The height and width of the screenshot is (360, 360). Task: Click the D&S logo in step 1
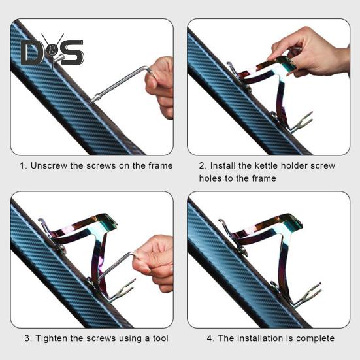coord(52,52)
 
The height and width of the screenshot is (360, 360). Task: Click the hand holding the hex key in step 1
coord(160,88)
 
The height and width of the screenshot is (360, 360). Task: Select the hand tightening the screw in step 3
coord(154,263)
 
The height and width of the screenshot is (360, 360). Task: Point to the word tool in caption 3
coord(161,338)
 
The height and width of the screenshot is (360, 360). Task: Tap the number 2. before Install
coord(203,165)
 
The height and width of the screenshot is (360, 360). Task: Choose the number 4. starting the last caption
coord(211,338)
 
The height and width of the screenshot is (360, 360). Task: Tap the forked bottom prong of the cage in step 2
coord(301,122)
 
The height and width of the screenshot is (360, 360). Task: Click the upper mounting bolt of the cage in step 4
coord(243,251)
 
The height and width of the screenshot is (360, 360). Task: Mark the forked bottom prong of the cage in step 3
coord(122,291)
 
